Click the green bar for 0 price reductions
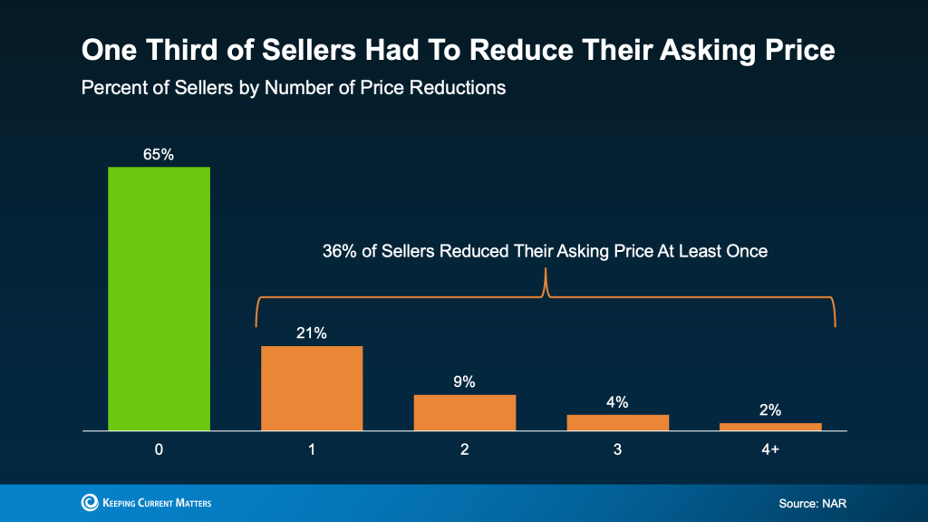click(x=159, y=298)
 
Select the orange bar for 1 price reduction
click(x=312, y=388)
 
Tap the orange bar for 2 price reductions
click(x=465, y=412)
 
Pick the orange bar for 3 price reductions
click(x=618, y=422)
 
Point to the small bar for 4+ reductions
click(x=770, y=426)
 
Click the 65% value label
click(x=159, y=155)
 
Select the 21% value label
click(x=312, y=333)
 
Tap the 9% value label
click(x=465, y=382)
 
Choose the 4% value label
click(x=618, y=401)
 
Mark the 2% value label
click(x=770, y=410)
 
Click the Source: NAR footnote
click(x=813, y=503)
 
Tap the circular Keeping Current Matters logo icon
click(x=90, y=502)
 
